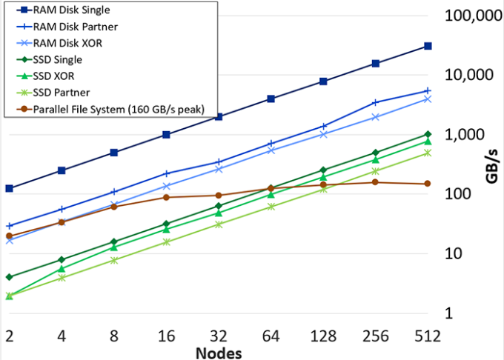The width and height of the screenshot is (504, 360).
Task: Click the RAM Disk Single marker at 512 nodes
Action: click(x=428, y=46)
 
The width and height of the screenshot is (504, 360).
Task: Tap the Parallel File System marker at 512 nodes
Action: click(x=428, y=184)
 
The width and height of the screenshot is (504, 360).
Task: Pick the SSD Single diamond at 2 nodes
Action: click(x=9, y=277)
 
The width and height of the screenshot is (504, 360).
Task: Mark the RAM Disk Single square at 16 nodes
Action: click(x=167, y=135)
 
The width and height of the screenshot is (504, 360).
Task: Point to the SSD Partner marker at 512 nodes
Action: click(x=428, y=153)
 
